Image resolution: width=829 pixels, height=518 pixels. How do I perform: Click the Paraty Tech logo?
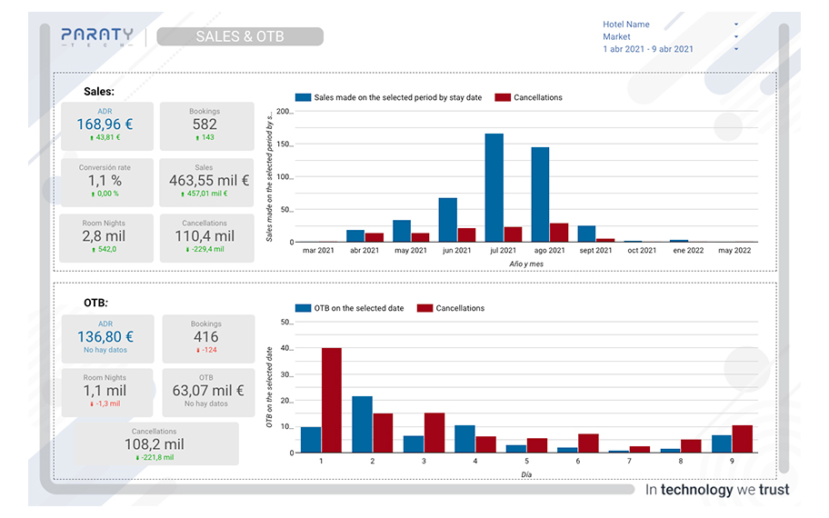(97, 36)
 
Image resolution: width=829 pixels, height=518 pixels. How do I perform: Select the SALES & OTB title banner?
(240, 36)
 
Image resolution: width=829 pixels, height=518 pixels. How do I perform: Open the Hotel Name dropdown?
(671, 25)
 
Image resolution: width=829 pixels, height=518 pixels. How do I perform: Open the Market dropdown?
(671, 37)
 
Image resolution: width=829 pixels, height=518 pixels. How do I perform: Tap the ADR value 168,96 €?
(105, 125)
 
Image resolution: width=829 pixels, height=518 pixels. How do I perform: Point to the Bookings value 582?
(205, 125)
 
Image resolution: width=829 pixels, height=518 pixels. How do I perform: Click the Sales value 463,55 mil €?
(205, 181)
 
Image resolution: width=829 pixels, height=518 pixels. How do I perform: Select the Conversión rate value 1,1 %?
(105, 181)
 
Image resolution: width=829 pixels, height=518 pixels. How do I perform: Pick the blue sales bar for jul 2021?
(494, 188)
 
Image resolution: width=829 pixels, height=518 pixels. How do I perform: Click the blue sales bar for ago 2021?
(540, 194)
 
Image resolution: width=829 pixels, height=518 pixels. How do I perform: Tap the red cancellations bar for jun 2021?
(466, 234)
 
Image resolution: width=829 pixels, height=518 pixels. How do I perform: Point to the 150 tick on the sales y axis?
(283, 144)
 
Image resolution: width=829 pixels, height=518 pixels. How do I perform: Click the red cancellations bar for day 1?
(332, 400)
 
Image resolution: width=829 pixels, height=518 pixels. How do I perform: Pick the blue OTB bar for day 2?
(362, 424)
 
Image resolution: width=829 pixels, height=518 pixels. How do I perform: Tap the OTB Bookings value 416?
(206, 337)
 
